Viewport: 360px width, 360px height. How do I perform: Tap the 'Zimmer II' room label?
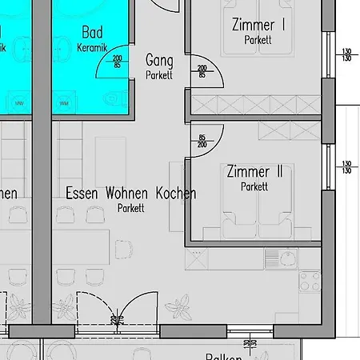point(254,172)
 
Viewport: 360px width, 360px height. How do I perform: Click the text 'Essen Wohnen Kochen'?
point(130,194)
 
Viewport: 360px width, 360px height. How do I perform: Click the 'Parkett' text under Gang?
point(159,74)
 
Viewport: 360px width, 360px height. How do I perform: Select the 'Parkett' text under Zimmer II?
point(254,186)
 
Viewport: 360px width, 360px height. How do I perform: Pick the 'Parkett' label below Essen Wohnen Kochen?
point(130,208)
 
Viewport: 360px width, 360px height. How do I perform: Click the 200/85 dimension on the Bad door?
point(118,61)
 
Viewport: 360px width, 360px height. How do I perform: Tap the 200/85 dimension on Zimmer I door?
point(201,71)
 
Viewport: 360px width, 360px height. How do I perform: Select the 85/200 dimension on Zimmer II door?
point(201,142)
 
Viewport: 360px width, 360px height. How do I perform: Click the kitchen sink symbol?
point(280,258)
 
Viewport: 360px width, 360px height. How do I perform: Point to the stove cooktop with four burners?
point(310,282)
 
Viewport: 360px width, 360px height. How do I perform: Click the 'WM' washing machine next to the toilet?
point(64,102)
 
